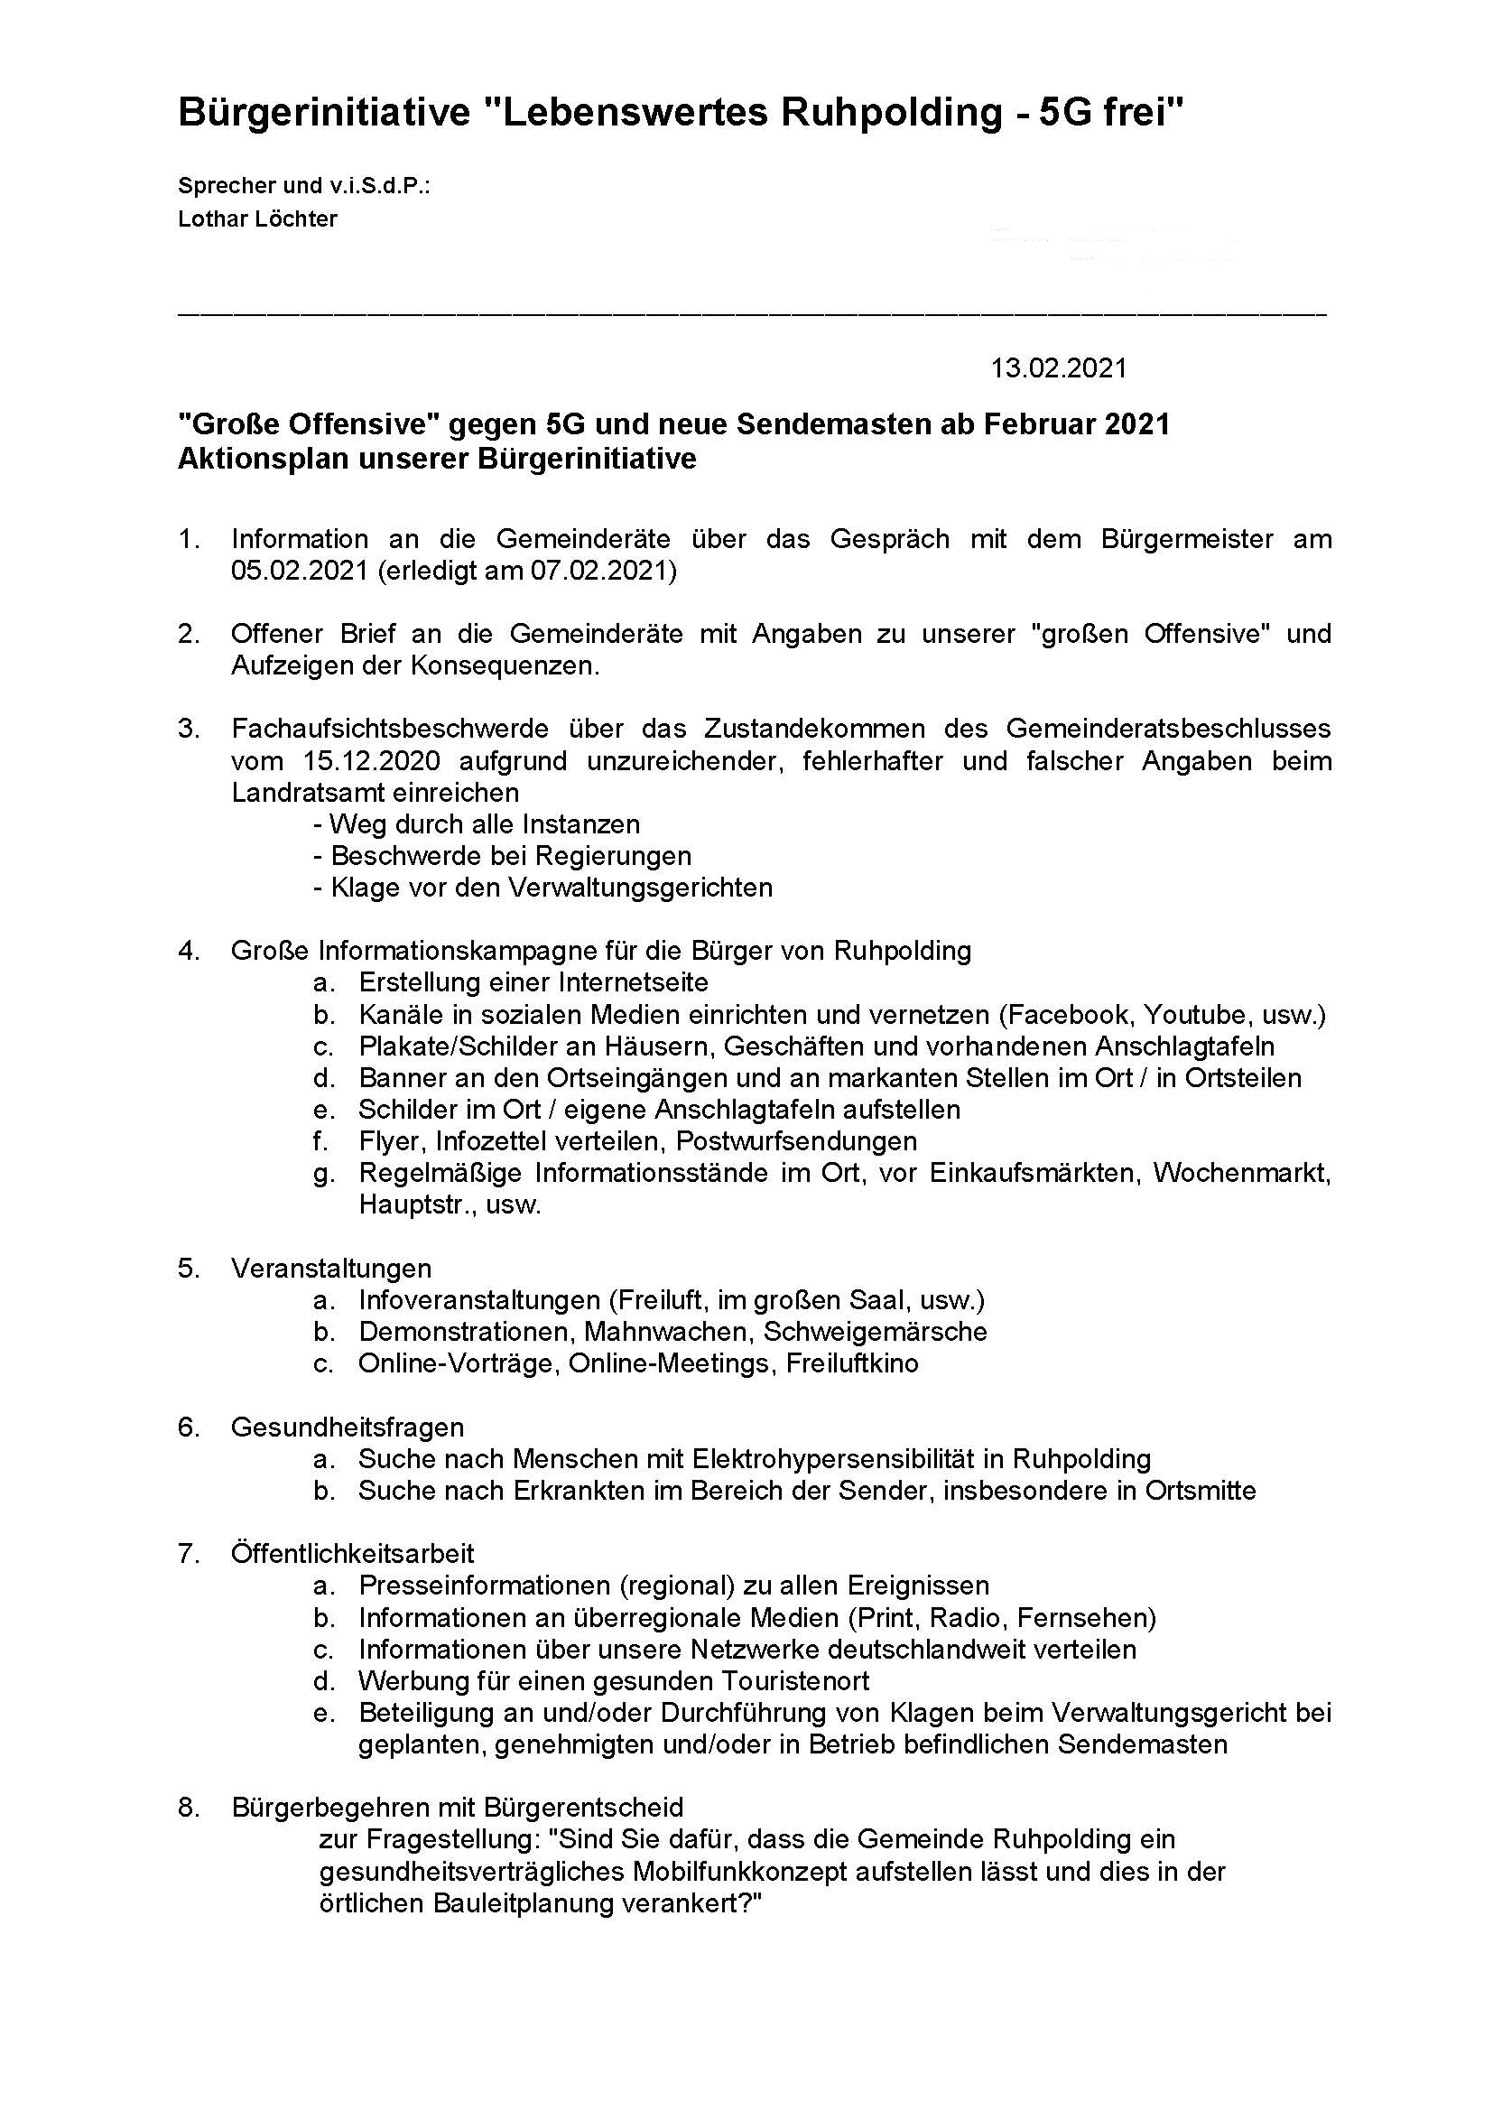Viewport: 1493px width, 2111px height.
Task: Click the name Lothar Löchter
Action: [x=257, y=219]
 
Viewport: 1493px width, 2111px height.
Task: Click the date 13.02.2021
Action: [x=1058, y=368]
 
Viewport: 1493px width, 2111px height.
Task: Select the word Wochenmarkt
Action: [x=1241, y=1173]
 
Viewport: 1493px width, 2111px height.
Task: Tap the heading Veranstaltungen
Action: [x=331, y=1269]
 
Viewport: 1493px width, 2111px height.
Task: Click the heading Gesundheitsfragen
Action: [x=348, y=1427]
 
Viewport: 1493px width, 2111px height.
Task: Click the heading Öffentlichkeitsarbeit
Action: [x=352, y=1554]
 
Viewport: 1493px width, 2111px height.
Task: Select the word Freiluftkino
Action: [x=852, y=1363]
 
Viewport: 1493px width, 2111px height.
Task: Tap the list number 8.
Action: [x=189, y=1808]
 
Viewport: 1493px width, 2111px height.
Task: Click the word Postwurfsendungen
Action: [x=796, y=1141]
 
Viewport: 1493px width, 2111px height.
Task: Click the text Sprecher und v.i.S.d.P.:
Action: [x=304, y=186]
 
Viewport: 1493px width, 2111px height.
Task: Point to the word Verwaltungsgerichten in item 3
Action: [x=642, y=888]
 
